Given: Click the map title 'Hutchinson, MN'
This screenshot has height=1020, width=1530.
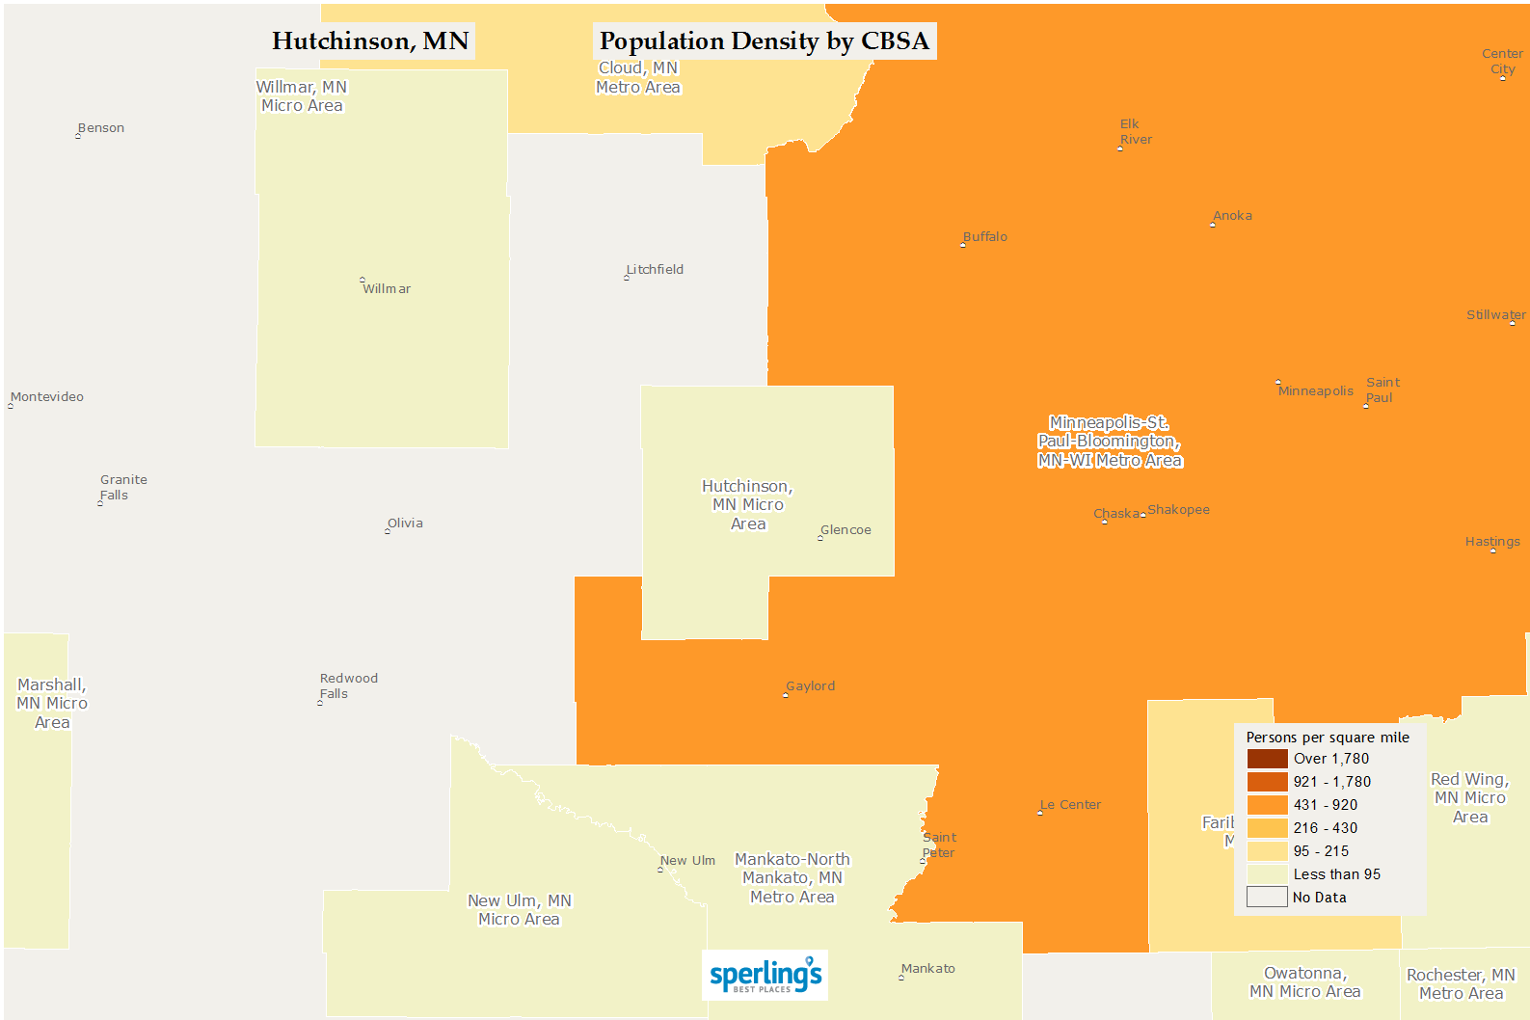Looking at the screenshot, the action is tap(370, 41).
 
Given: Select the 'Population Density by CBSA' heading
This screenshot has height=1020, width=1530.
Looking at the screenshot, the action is tap(764, 41).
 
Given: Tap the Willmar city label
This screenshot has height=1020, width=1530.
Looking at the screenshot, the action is tap(386, 288).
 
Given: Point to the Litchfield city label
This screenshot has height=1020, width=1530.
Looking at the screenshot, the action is tap(655, 270).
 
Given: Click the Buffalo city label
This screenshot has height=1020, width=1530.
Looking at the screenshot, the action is tap(984, 237).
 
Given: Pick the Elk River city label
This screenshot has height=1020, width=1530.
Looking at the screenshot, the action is tap(1135, 132).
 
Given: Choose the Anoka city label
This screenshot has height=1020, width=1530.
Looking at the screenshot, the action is tap(1232, 216).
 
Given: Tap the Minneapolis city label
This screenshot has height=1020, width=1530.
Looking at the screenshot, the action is tap(1315, 390).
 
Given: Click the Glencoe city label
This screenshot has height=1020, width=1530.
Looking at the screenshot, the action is tap(846, 530).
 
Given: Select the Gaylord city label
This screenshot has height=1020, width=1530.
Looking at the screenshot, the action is tap(810, 686).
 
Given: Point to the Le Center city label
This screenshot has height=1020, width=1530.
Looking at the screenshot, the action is tap(1070, 805).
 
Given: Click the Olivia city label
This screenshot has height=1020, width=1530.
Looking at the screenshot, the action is tap(405, 523).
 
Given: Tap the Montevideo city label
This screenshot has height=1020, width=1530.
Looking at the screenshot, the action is tap(47, 397).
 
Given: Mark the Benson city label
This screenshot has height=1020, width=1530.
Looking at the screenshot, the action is tap(101, 128).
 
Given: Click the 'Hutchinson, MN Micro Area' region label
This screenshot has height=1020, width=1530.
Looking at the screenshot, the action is tap(748, 505).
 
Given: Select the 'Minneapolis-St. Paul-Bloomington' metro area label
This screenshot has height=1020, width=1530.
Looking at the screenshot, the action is tap(1110, 442).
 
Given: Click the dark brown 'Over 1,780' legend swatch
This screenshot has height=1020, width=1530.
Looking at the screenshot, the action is tap(1267, 759).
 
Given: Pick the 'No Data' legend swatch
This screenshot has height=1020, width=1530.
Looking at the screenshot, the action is tap(1267, 898).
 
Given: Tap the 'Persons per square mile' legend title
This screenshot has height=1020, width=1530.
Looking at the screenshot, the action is tap(1328, 738).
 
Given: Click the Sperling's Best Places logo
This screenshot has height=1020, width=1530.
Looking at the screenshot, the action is tap(765, 976).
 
